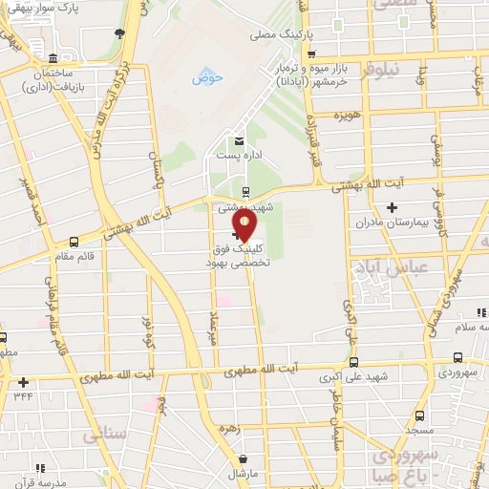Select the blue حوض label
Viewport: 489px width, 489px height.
[206, 78]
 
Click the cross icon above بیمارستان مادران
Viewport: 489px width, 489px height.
[391, 207]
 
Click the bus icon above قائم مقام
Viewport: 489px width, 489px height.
[74, 242]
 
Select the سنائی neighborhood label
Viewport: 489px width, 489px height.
[104, 435]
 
